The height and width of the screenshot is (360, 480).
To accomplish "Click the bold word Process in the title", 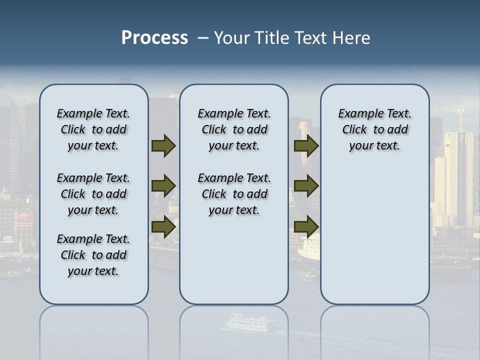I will point(154,38).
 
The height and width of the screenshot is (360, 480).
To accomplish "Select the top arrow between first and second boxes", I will point(163,146).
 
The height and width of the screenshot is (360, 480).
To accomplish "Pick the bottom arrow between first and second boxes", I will point(163,226).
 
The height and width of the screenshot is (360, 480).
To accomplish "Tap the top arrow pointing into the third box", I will point(306,146).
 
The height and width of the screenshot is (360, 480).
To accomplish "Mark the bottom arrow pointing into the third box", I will point(306,226).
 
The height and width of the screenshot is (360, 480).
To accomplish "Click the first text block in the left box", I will point(93,129).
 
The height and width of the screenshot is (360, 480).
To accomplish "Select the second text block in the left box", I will point(93,194).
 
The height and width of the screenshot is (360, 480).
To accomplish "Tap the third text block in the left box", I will point(93,255).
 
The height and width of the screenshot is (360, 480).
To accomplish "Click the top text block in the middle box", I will point(234,129).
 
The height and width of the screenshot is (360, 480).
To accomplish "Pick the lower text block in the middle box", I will point(234,194).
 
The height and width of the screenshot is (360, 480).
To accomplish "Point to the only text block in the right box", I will point(374,129).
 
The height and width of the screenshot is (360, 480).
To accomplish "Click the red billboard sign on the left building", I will point(24,218).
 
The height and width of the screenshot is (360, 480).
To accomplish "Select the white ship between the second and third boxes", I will point(308,248).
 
